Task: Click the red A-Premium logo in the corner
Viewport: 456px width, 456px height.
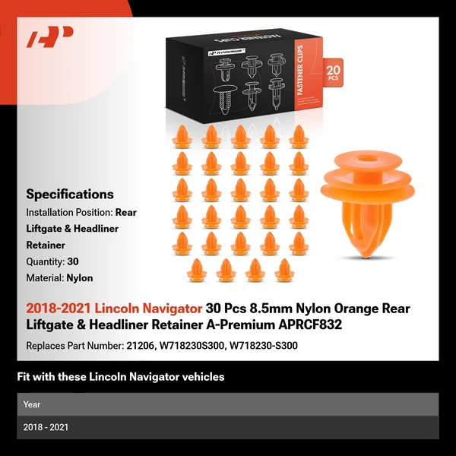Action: click(x=49, y=36)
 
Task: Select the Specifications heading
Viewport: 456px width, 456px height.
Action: click(x=70, y=194)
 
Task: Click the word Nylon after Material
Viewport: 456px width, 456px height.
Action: click(x=80, y=278)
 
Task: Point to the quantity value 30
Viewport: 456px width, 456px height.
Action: click(x=73, y=262)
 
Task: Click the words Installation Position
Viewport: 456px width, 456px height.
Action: click(x=69, y=212)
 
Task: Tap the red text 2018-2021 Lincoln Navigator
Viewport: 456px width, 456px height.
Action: click(x=114, y=309)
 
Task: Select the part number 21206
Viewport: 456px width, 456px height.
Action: click(x=141, y=346)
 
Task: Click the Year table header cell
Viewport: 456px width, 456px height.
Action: click(x=32, y=404)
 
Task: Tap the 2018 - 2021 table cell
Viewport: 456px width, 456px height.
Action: click(x=46, y=427)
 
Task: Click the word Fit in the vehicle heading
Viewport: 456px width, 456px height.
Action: click(x=24, y=376)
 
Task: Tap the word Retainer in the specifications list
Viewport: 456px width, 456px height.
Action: click(x=46, y=245)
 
